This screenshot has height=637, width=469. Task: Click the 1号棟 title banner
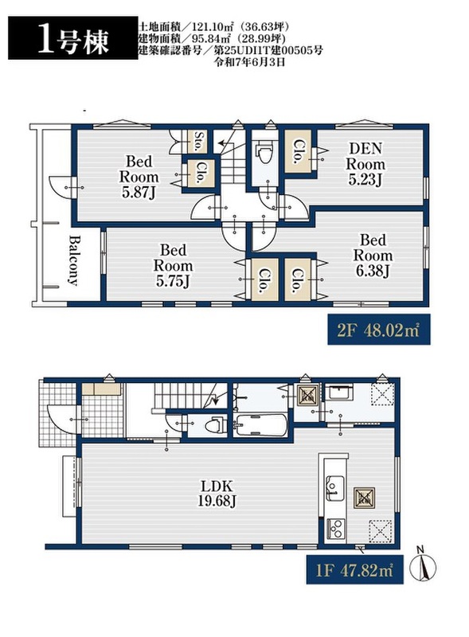pyautogui.click(x=72, y=38)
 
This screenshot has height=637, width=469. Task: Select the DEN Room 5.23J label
pyautogui.click(x=365, y=164)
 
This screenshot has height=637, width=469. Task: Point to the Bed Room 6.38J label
pyautogui.click(x=373, y=256)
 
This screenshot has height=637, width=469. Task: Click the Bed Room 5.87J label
pyautogui.click(x=139, y=177)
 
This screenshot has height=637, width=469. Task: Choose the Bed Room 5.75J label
pyautogui.click(x=173, y=266)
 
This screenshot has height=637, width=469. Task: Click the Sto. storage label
pyautogui.click(x=199, y=142)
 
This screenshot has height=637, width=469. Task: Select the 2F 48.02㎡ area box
pyautogui.click(x=379, y=330)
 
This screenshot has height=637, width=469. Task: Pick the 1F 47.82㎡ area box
pyautogui.click(x=355, y=569)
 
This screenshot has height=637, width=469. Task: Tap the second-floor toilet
pyautogui.click(x=264, y=154)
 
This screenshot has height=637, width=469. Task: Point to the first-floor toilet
pyautogui.click(x=214, y=426)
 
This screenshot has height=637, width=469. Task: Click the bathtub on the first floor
pyautogui.click(x=260, y=425)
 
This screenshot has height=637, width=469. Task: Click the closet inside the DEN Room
pyautogui.click(x=299, y=151)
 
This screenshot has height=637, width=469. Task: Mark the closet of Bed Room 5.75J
pyautogui.click(x=265, y=279)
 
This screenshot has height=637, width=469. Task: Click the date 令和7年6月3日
pyautogui.click(x=247, y=62)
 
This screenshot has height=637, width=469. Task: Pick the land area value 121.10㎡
pyautogui.click(x=211, y=27)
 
